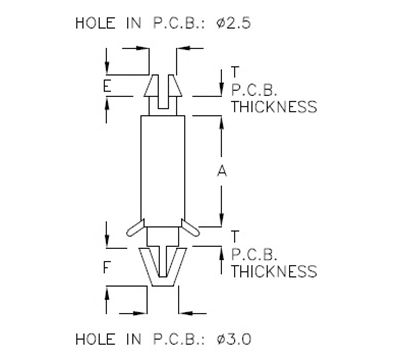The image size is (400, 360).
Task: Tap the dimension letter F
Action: pos(106,267)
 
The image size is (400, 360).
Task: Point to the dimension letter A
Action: pos(222,171)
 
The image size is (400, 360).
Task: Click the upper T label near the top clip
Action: pos(235,71)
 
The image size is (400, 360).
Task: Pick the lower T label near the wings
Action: pos(235,236)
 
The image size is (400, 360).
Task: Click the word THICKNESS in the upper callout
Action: pos(273,106)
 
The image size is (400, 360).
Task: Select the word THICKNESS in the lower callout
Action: pos(273,271)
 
